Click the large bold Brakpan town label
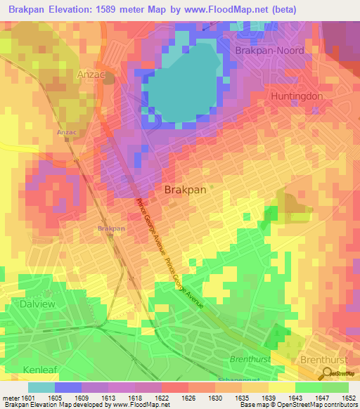coord(185,190)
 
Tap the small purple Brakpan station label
coord(111,228)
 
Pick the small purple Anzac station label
coord(66,131)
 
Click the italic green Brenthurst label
coord(249,359)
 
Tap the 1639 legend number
coord(268,398)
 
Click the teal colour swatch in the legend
coord(41,387)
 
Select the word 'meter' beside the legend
coord(11,398)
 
